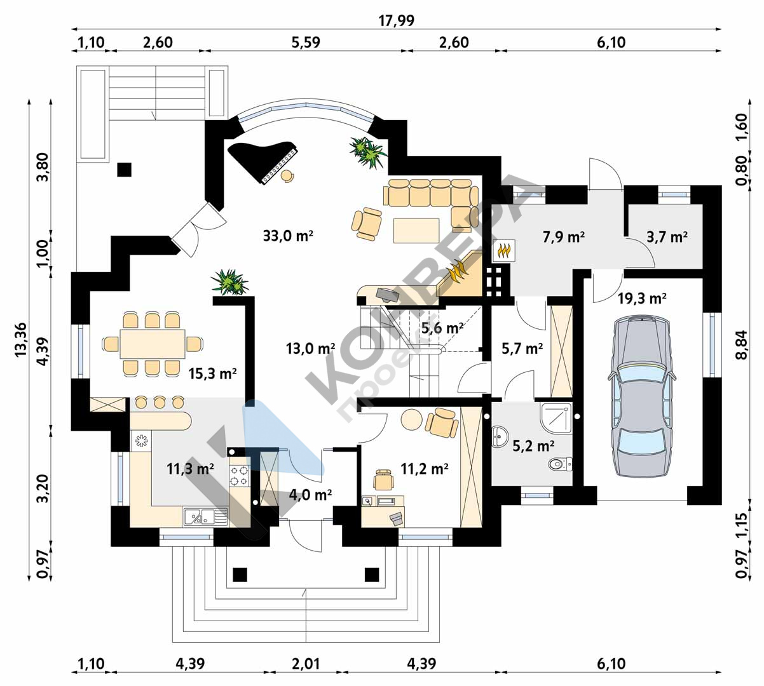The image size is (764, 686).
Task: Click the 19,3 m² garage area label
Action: click(x=642, y=298)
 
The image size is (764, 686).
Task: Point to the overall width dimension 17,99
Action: click(x=397, y=20)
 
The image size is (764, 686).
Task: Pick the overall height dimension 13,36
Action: click(x=21, y=339)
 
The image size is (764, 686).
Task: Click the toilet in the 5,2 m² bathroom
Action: click(x=559, y=464)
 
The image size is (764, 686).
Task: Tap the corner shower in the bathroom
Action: click(x=556, y=417)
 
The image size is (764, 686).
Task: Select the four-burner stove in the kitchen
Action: click(x=240, y=476)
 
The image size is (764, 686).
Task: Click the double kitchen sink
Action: click(x=205, y=516)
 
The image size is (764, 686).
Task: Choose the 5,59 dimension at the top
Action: click(x=306, y=42)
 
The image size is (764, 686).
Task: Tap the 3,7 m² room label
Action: click(x=667, y=237)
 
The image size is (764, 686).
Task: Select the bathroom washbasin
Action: click(x=500, y=436)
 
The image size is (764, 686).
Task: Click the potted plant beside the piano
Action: click(x=367, y=152)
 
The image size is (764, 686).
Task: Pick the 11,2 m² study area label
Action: click(x=424, y=469)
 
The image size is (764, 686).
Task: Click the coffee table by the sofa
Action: click(x=416, y=231)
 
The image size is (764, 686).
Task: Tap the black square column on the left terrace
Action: click(x=124, y=170)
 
